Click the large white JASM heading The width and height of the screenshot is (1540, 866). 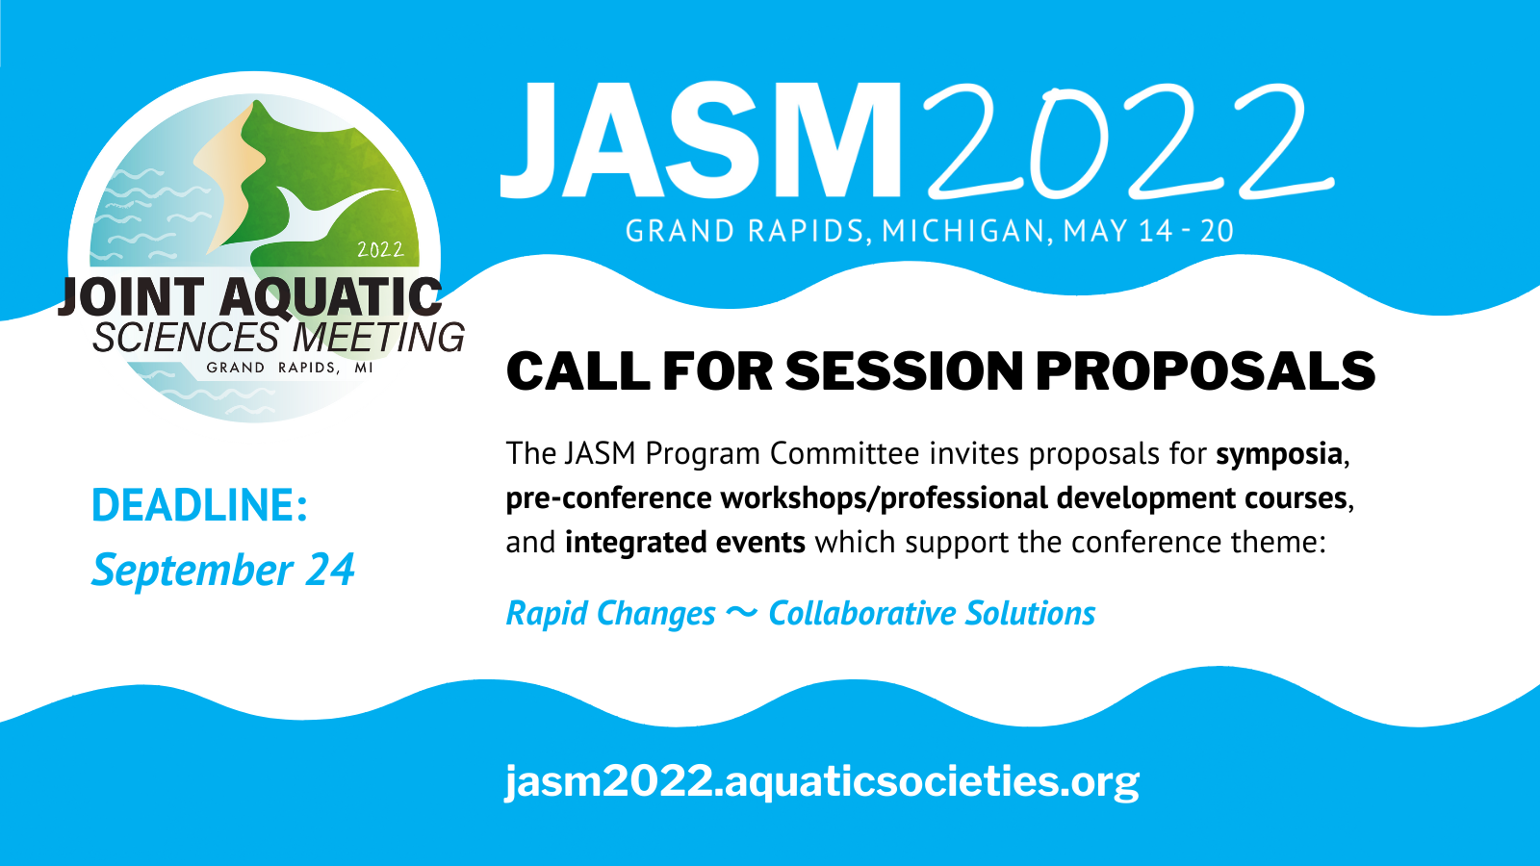pyautogui.click(x=700, y=140)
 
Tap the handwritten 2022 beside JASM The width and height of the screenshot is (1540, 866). pyautogui.click(x=1127, y=140)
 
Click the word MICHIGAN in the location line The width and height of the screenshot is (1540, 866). pyautogui.click(x=963, y=231)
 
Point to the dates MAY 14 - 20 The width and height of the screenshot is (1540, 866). pyautogui.click(x=1149, y=231)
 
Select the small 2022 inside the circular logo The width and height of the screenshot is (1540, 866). pyautogui.click(x=380, y=249)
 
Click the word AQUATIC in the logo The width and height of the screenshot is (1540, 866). pyautogui.click(x=331, y=297)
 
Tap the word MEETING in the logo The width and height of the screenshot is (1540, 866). pyautogui.click(x=379, y=338)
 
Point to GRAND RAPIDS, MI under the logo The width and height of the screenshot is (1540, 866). pyautogui.click(x=290, y=368)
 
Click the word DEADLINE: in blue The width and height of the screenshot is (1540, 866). pyautogui.click(x=199, y=504)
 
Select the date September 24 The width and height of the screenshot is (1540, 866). pyautogui.click(x=223, y=570)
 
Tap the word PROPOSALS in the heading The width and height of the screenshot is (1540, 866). pyautogui.click(x=1205, y=371)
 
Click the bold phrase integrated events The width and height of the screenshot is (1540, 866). pyautogui.click(x=684, y=543)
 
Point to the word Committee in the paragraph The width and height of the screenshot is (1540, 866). pyautogui.click(x=844, y=453)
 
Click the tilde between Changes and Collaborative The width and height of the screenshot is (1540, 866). pyautogui.click(x=742, y=612)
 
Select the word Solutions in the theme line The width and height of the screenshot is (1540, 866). pyautogui.click(x=1030, y=613)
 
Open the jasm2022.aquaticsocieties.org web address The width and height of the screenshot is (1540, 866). pyautogui.click(x=822, y=782)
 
